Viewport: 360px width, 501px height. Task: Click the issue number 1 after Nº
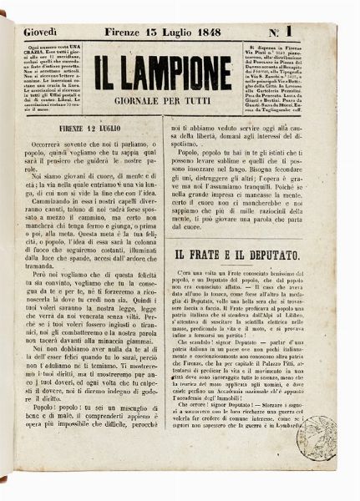322,32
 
